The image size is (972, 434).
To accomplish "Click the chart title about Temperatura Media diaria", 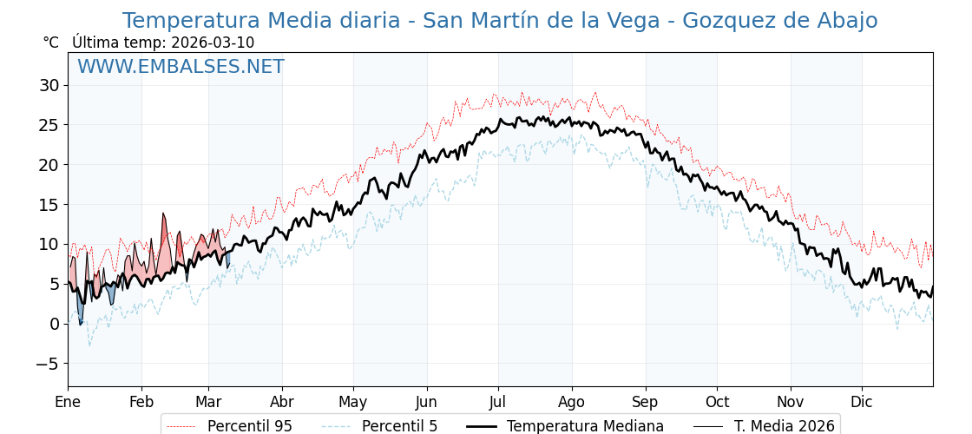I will pyautogui.click(x=499, y=21).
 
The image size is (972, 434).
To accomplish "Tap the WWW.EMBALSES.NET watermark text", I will pyautogui.click(x=181, y=67).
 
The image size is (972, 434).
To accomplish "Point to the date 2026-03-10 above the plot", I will pyautogui.click(x=213, y=43).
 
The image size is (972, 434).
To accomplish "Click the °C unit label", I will pyautogui.click(x=51, y=43).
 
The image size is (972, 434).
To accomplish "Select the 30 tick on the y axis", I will pyautogui.click(x=49, y=85).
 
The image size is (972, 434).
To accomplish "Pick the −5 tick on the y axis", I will pyautogui.click(x=47, y=364).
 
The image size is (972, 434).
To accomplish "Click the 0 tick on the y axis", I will pyautogui.click(x=55, y=324).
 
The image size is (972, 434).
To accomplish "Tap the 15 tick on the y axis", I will pyautogui.click(x=49, y=205).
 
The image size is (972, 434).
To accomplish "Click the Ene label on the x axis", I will pyautogui.click(x=68, y=402).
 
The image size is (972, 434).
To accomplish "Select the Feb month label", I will pyautogui.click(x=141, y=402).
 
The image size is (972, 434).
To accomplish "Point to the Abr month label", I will pyautogui.click(x=282, y=402).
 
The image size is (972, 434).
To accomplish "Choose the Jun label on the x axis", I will pyautogui.click(x=426, y=402).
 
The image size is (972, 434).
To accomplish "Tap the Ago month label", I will pyautogui.click(x=572, y=402).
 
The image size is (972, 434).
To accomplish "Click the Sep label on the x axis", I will pyautogui.click(x=646, y=402).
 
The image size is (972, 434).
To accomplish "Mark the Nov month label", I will pyautogui.click(x=791, y=402).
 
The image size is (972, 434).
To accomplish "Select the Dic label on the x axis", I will pyautogui.click(x=862, y=402).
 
